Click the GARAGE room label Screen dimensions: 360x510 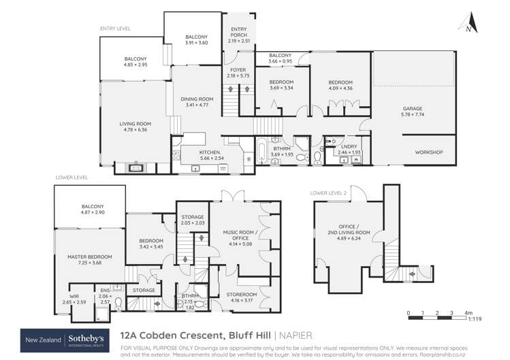point(412,108)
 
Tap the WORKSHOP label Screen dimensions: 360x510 point(429,152)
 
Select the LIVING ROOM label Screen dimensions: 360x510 point(135,123)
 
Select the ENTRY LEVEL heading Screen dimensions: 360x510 point(115,29)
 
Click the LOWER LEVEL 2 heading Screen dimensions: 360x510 point(330,193)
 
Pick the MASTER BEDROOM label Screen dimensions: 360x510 point(90,256)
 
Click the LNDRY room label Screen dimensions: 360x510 point(347,146)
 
